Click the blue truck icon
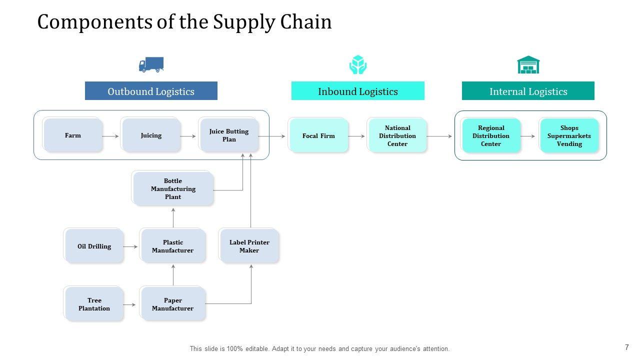[x=151, y=64]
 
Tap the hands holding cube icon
[x=357, y=64]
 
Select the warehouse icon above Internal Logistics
[x=528, y=64]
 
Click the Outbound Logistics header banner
[x=151, y=91]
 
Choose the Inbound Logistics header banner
[x=357, y=91]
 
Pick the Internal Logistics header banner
[x=528, y=91]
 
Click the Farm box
[x=73, y=135]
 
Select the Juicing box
[x=151, y=135]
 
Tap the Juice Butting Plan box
[x=229, y=135]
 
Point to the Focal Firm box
[x=318, y=135]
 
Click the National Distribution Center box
[x=397, y=135]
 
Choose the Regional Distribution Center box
[x=491, y=135]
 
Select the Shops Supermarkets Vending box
[x=569, y=135]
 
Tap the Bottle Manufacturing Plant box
[x=173, y=188]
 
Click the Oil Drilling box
[x=94, y=246]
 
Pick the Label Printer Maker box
[x=249, y=246]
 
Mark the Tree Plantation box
[x=94, y=304]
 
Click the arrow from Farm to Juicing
[x=110, y=136]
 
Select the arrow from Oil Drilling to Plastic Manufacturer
[x=130, y=246]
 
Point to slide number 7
[x=627, y=347]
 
